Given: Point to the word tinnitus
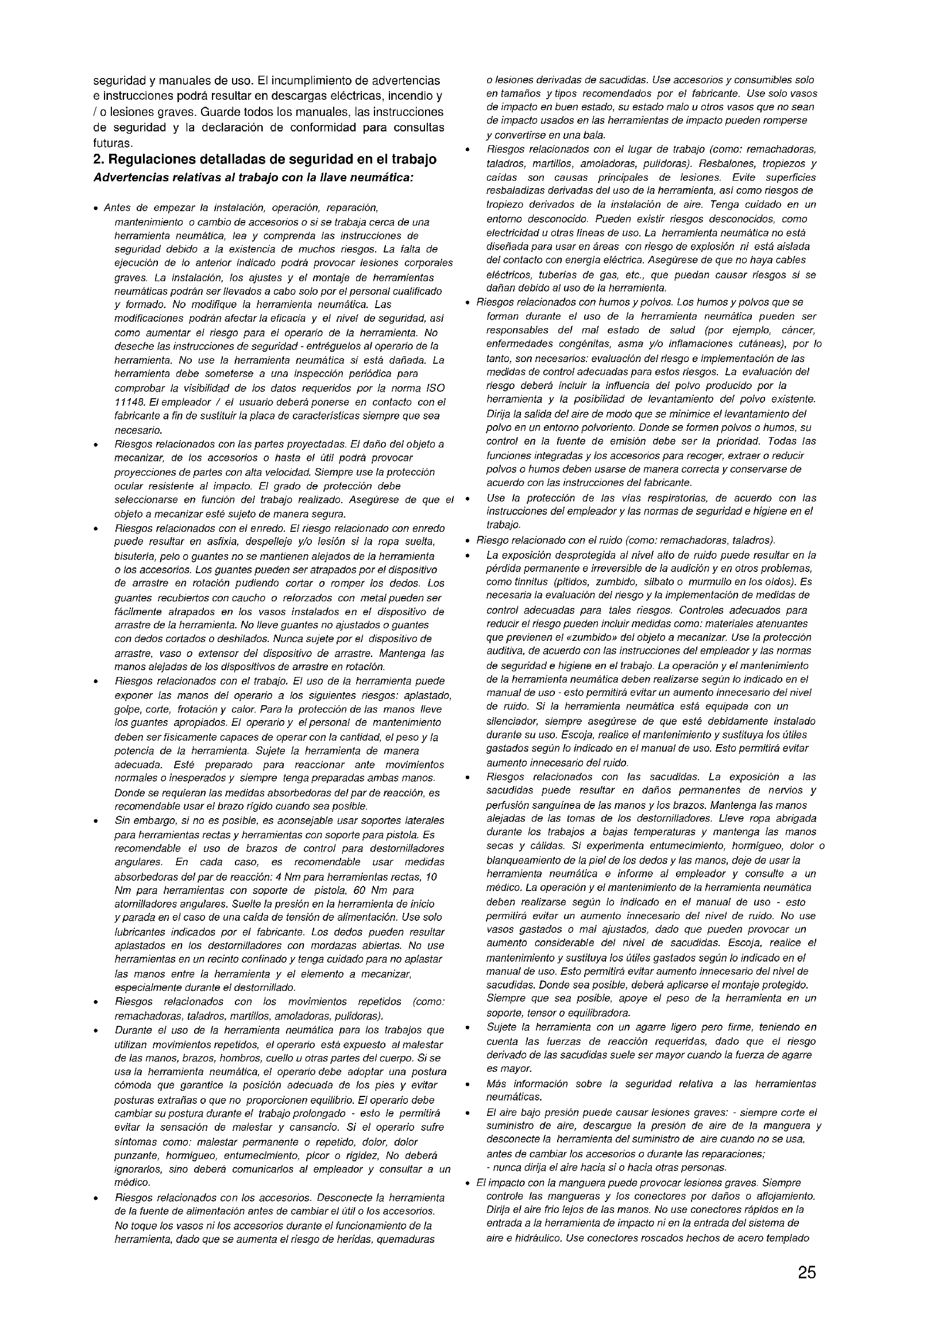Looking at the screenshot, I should coord(529,582).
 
